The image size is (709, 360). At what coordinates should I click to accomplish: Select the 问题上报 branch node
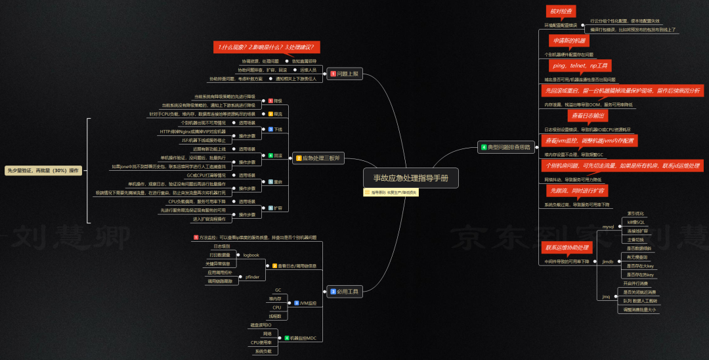[345, 74]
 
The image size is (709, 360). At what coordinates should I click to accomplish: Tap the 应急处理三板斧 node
[318, 158]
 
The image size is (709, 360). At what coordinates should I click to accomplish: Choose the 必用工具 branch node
[344, 291]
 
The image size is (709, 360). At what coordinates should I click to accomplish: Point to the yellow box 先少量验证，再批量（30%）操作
[43, 170]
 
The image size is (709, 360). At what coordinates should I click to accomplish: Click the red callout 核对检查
[561, 11]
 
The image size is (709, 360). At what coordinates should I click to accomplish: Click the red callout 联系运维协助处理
[568, 248]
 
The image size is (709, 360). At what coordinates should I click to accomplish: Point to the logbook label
[251, 255]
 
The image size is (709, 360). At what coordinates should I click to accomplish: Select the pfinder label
[252, 277]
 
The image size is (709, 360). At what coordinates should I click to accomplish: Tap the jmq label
[606, 296]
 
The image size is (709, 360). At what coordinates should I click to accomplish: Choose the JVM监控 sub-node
[307, 303]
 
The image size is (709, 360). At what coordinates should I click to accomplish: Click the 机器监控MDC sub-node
[303, 338]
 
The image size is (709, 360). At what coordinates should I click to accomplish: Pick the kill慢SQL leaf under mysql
[636, 222]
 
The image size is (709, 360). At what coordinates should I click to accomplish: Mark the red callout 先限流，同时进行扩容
[578, 191]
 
